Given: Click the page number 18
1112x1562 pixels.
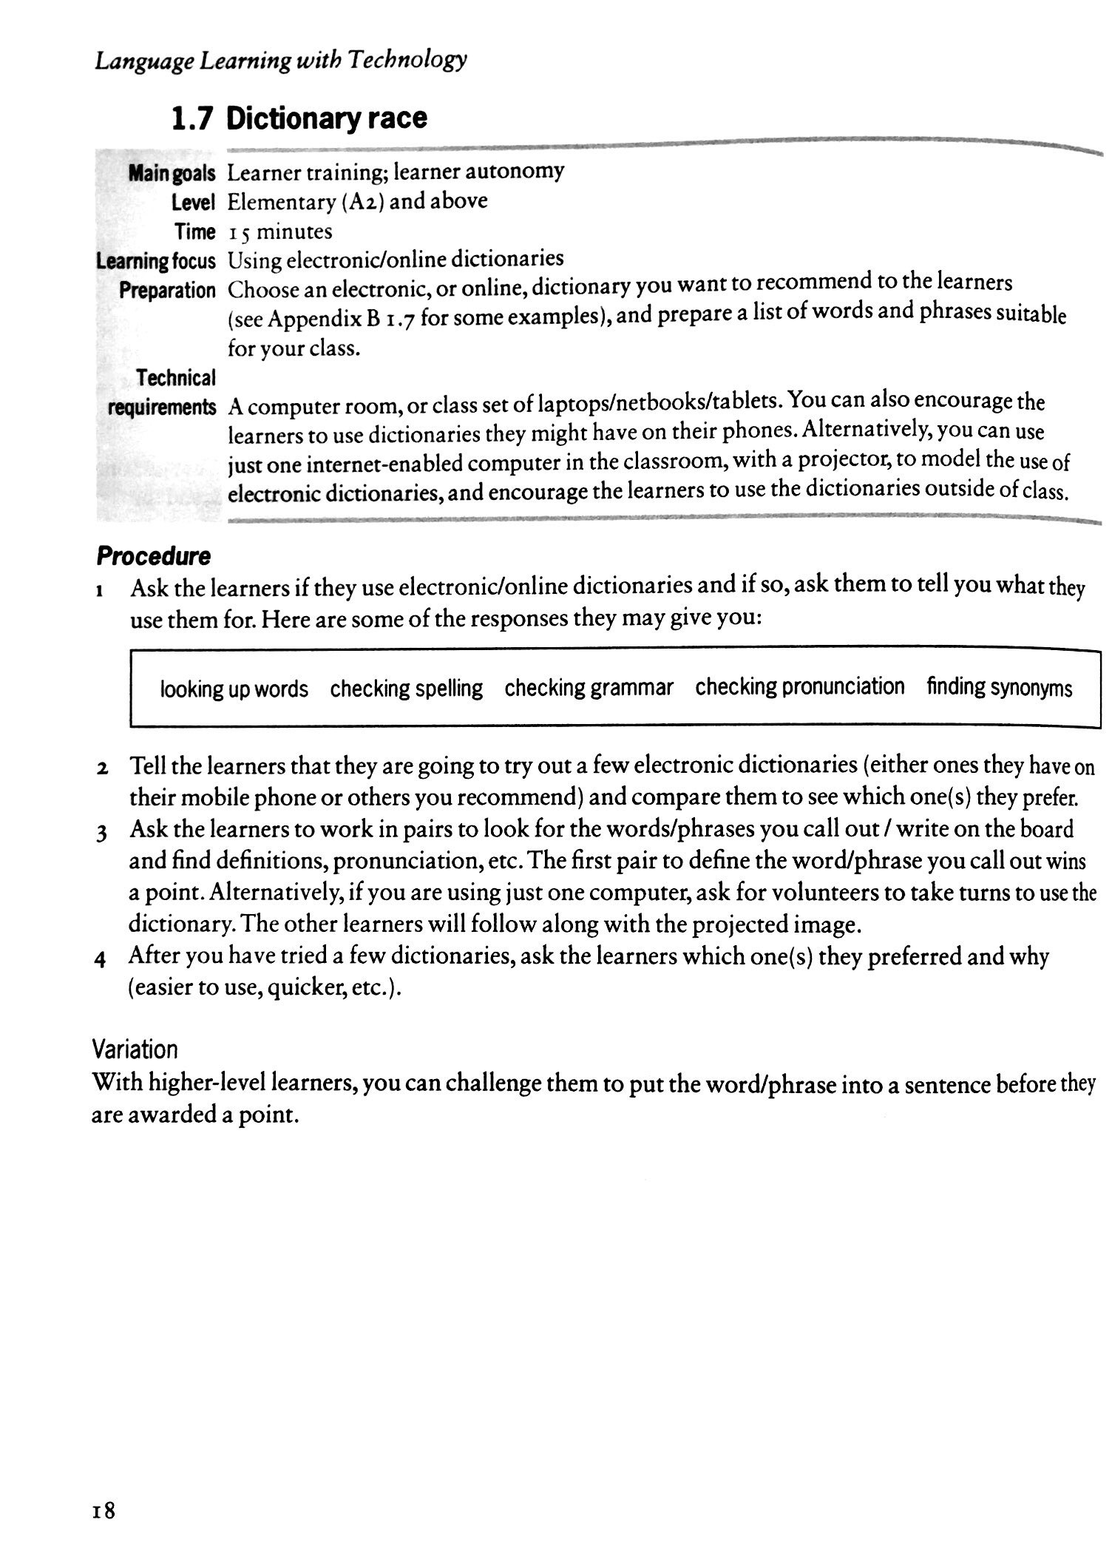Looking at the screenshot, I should coord(104,1509).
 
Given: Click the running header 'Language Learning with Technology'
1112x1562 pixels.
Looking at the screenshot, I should coord(280,60).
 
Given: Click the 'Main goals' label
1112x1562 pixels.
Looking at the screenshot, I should coord(172,175).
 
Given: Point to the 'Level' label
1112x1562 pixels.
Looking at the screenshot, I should coord(193,203).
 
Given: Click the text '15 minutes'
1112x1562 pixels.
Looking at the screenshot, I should coord(280,232).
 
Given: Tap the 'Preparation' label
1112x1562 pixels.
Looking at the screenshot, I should coord(167,291).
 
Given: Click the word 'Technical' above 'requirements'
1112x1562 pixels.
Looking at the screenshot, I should coord(176,378).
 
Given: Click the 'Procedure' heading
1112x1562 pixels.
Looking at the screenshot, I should coord(153,556).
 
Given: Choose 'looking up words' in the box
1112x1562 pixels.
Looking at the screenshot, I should coord(234,689).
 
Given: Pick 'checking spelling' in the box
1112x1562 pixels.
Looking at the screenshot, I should coord(406,689).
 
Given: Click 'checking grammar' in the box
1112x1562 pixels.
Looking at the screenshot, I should coord(589,688).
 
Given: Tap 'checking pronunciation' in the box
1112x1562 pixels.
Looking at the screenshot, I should coord(799,686).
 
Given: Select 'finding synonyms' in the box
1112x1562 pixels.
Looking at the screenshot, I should coord(999,688).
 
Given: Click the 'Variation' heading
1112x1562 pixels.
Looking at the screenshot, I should coord(135,1049).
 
